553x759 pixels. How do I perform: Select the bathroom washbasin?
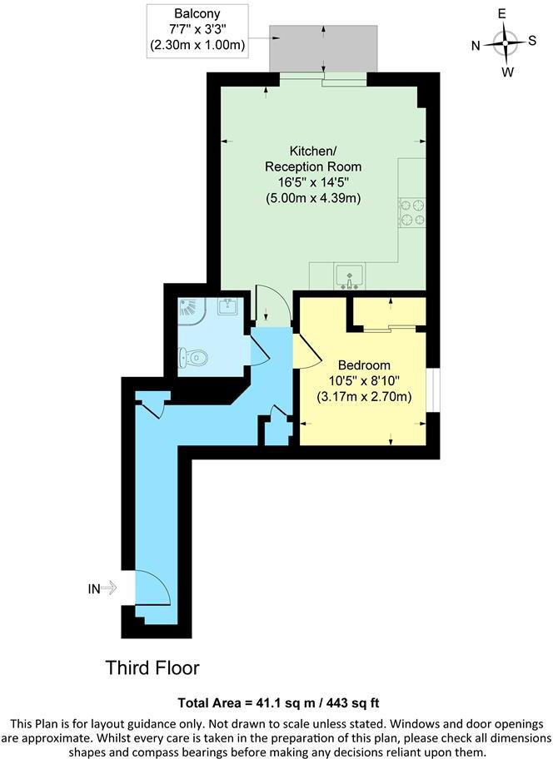(x=228, y=308)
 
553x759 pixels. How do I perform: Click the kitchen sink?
(x=348, y=275)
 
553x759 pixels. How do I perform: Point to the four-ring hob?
(x=411, y=213)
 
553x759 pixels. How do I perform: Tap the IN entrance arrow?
(x=109, y=588)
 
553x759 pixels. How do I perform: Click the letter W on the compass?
(x=507, y=72)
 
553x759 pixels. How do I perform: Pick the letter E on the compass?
(x=502, y=14)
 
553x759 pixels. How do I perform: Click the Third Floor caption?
(x=152, y=667)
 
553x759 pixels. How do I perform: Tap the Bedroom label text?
(x=364, y=365)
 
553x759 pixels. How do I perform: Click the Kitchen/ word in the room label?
(x=313, y=151)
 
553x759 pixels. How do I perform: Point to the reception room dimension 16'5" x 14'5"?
(x=313, y=182)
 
